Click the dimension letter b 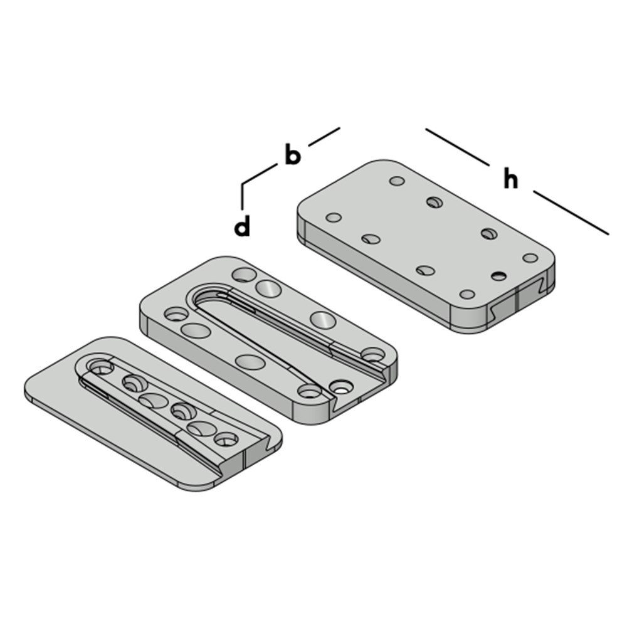[292, 155]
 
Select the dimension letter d [243, 227]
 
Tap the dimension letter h [511, 179]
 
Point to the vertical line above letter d [243, 196]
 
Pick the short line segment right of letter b [324, 137]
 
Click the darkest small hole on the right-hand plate [499, 276]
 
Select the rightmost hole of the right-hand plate [530, 258]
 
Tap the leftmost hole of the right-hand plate [334, 218]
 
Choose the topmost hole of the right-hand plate [397, 181]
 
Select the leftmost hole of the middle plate [172, 313]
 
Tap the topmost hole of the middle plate [243, 274]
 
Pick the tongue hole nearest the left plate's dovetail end [226, 439]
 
